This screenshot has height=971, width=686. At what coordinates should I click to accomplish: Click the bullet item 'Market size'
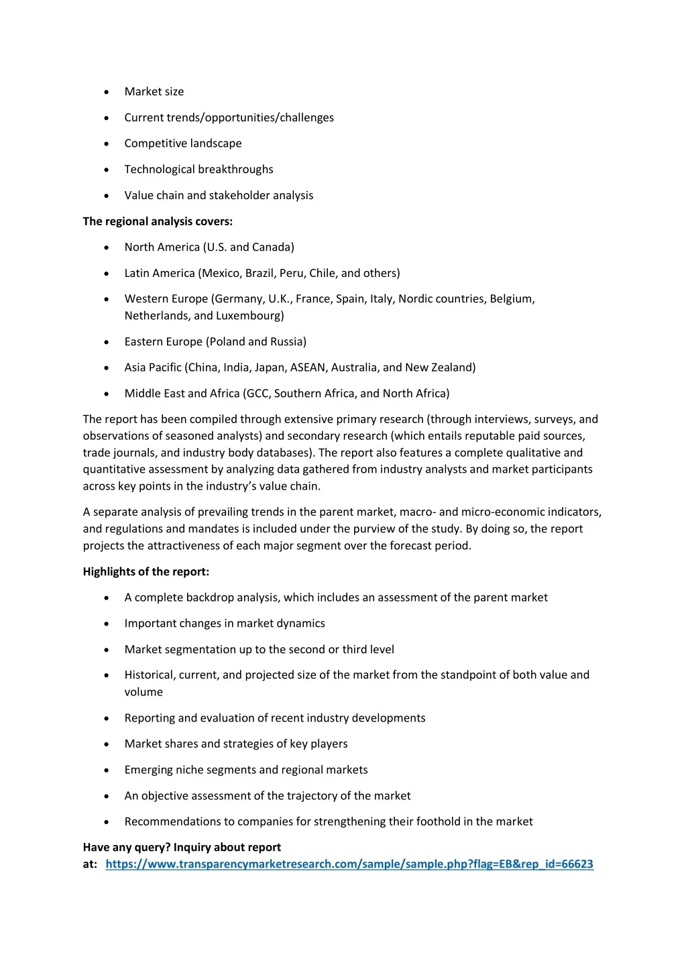(154, 92)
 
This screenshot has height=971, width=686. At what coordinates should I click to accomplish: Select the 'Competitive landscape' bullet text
(182, 144)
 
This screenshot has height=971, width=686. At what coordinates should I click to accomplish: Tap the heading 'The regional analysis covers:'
(158, 221)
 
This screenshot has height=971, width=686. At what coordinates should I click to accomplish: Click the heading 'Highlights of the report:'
(146, 572)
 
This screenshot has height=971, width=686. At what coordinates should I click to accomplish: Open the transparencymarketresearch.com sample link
(349, 864)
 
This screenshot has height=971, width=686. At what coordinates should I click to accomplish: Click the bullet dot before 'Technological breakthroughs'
(107, 170)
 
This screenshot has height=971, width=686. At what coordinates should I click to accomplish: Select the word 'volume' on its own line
(144, 692)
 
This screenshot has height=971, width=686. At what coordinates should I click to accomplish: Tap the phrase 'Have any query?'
(126, 848)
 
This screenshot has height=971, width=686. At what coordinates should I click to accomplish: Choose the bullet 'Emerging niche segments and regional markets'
(245, 770)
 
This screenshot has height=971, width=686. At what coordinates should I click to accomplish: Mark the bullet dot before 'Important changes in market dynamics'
(107, 624)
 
